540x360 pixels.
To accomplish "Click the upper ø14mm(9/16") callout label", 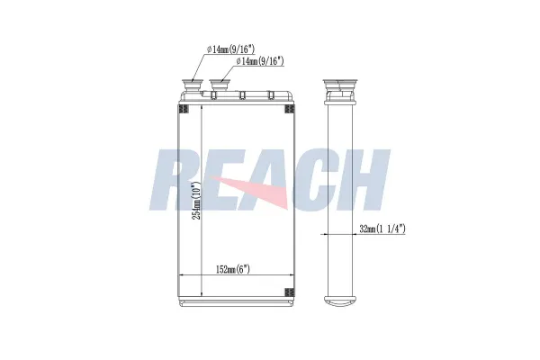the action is (x=230, y=49).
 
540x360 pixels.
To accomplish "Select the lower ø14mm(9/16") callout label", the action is (x=260, y=61).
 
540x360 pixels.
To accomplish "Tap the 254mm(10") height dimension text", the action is (x=196, y=201).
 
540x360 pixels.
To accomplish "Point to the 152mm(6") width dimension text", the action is (x=232, y=269).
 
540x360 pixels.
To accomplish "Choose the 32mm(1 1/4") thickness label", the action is (x=382, y=229).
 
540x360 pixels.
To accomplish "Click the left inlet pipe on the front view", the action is (x=192, y=85).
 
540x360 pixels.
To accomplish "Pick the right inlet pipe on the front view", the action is (x=220, y=85).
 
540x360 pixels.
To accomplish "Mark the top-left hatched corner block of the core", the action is (x=184, y=109).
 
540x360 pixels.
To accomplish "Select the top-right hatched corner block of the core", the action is (x=289, y=109).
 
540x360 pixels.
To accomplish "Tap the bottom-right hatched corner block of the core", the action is (x=289, y=292).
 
